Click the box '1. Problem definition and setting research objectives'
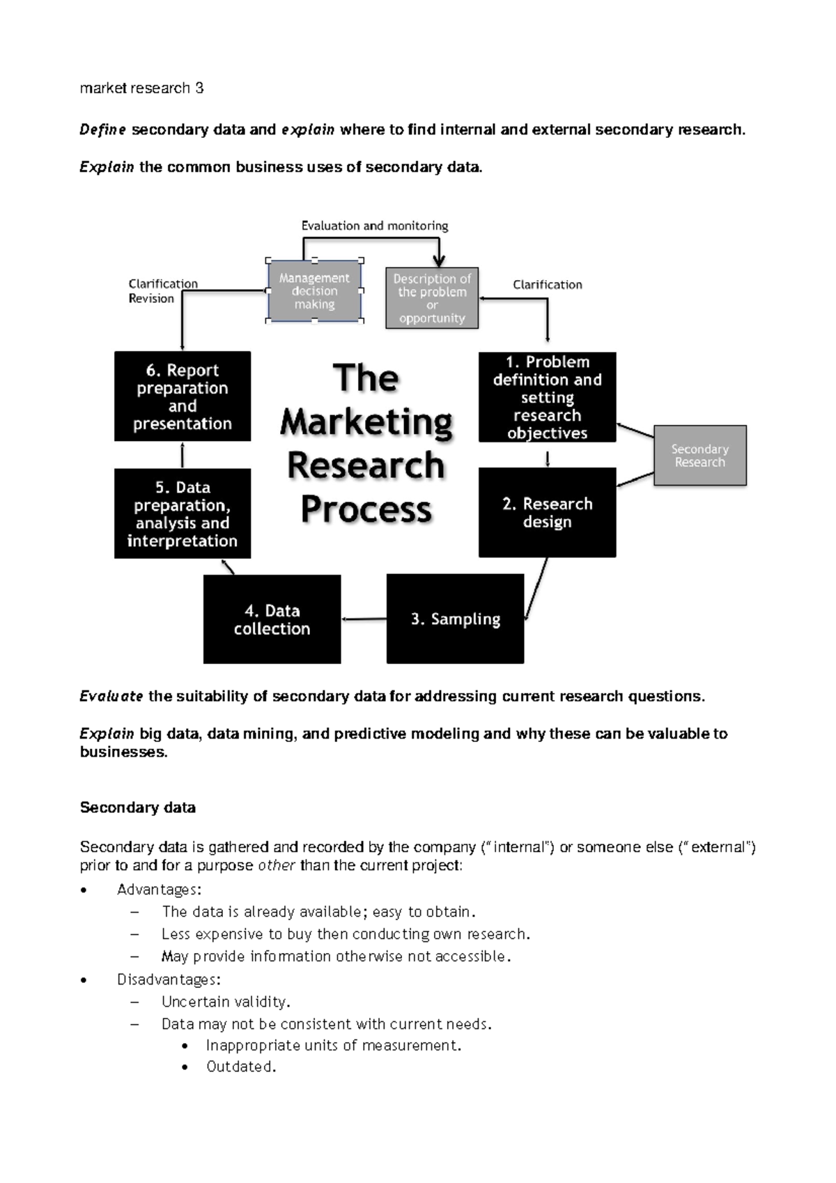[x=547, y=397]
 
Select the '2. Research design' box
[x=547, y=513]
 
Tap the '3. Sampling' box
[x=455, y=619]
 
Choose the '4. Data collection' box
[x=272, y=619]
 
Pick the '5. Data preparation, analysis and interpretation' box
[x=183, y=513]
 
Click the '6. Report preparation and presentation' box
[x=183, y=396]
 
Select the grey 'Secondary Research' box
[x=699, y=456]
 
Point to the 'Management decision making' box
[x=314, y=291]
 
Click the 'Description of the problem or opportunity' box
[x=432, y=298]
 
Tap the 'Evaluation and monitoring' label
[x=374, y=226]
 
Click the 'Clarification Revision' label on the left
[x=162, y=291]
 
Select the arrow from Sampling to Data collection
[x=364, y=619]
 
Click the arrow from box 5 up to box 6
[x=183, y=455]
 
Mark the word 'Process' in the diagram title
[x=366, y=509]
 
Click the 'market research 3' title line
[x=141, y=88]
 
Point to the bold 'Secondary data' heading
[x=138, y=807]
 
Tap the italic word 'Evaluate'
[x=111, y=696]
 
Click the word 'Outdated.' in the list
[x=241, y=1067]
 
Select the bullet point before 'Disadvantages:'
[x=84, y=980]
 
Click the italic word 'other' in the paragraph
[x=277, y=865]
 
